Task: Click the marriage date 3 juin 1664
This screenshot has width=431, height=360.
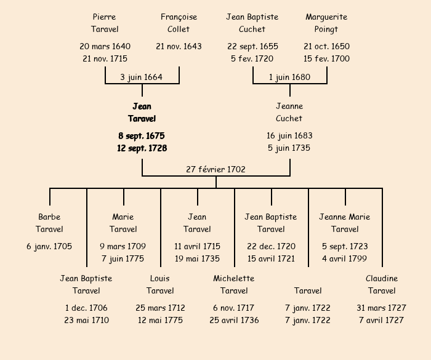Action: point(142,77)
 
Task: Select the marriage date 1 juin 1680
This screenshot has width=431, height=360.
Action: point(289,77)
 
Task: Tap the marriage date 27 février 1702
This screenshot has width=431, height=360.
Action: point(216,169)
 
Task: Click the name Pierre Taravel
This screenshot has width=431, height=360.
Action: point(105,23)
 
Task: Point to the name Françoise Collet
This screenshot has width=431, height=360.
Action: point(179,23)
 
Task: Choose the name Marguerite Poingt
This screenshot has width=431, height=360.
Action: point(326,23)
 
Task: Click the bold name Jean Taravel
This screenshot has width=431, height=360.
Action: point(142,113)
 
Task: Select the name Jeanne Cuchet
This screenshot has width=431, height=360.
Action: point(289,113)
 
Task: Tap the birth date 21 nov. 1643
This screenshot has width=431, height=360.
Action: point(179,46)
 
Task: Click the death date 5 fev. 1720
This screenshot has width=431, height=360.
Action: point(252,59)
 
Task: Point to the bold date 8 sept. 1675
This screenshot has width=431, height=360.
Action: point(142,135)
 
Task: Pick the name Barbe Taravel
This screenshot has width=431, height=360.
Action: point(49,223)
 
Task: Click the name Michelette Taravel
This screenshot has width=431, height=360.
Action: point(234,284)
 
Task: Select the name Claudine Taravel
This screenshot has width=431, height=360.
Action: point(382,284)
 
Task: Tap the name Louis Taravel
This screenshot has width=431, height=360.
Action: point(160,284)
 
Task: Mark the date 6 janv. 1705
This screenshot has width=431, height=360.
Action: point(49,246)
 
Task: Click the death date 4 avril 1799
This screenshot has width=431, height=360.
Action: point(345,258)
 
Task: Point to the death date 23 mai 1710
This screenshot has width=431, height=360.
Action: point(86,320)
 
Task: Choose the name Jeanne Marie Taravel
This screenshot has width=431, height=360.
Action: point(345,223)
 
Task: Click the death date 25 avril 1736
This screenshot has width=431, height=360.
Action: point(234,320)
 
